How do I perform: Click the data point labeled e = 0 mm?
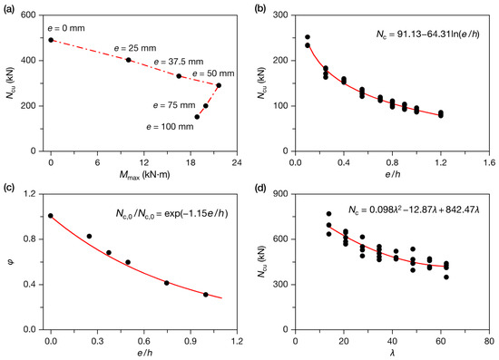point(51,40)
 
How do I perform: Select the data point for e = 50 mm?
point(219,85)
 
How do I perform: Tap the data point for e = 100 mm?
point(197,117)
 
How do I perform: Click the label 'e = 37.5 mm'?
point(179,62)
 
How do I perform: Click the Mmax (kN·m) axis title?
point(145,175)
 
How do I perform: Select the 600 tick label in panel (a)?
point(28,15)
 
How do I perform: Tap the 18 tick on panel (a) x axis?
point(191,162)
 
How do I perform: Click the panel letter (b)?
point(260,9)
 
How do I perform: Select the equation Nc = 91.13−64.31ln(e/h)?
point(428,34)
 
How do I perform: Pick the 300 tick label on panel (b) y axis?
point(280,15)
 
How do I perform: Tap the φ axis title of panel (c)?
point(12,263)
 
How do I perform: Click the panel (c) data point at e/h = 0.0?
point(51,216)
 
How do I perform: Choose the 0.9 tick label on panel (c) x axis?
point(191,341)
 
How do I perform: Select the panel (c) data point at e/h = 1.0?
point(206,295)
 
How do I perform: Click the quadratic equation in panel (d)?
point(415,209)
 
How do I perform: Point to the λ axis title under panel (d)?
point(392,353)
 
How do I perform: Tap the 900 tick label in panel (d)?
point(280,194)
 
